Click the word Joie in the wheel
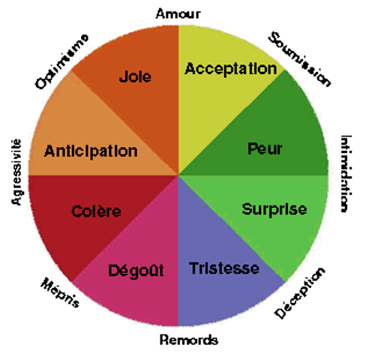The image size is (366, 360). pyautogui.click(x=135, y=76)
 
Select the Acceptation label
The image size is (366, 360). pyautogui.click(x=231, y=69)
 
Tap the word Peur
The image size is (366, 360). pyautogui.click(x=265, y=148)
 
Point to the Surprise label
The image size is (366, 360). pyautogui.click(x=274, y=209)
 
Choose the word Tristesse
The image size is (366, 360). pyautogui.click(x=224, y=268)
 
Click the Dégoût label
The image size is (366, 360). pyautogui.click(x=136, y=271)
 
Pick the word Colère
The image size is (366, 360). pyautogui.click(x=96, y=211)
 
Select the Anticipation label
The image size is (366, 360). pyautogui.click(x=91, y=151)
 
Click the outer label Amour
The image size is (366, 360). pyautogui.click(x=178, y=13)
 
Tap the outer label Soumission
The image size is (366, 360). pyautogui.click(x=299, y=59)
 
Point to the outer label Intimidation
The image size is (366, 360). pyautogui.click(x=346, y=174)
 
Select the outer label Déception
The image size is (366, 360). pyautogui.click(x=300, y=293)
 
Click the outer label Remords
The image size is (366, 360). pyautogui.click(x=189, y=340)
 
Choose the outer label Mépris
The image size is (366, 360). pyautogui.click(x=60, y=292)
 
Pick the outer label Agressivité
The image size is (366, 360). pyautogui.click(x=16, y=172)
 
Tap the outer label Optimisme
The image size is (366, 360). pyautogui.click(x=61, y=61)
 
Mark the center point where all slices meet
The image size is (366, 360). pyautogui.click(x=178, y=175)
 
